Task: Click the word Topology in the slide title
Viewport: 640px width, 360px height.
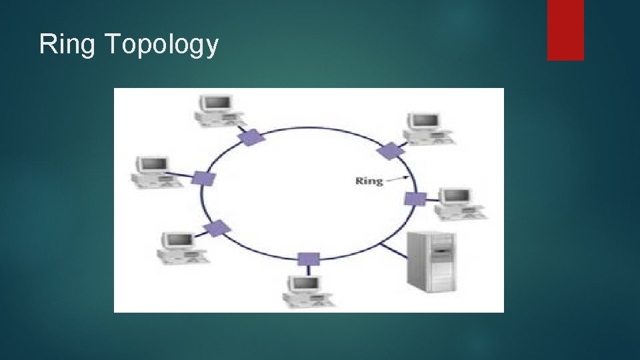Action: point(162,45)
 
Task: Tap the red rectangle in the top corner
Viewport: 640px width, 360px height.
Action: point(565,29)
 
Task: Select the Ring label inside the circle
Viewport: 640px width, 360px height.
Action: point(369,180)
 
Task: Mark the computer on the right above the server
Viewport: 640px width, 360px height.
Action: point(458,203)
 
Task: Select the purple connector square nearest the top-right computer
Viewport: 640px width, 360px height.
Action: point(389,150)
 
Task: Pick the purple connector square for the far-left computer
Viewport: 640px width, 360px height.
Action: point(203,179)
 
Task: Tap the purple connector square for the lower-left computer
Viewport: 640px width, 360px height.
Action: point(217,229)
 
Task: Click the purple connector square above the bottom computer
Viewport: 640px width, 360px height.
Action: point(307,259)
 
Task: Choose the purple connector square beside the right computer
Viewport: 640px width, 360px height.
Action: point(415,199)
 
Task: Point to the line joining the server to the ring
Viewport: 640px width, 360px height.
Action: point(393,251)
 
